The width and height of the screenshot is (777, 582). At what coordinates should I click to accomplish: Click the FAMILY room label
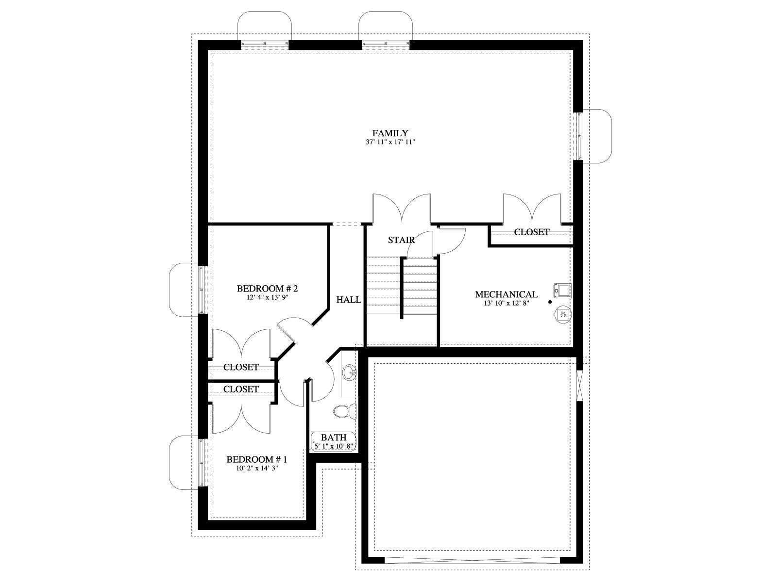point(390,133)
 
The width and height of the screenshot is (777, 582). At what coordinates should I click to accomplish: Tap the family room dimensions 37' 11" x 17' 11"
point(390,142)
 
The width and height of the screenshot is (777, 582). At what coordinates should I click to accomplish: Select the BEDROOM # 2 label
point(267,289)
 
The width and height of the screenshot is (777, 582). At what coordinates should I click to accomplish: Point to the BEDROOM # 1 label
point(256,459)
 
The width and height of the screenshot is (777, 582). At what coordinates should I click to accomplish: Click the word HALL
point(349,300)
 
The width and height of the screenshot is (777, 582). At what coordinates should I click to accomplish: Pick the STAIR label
point(402,240)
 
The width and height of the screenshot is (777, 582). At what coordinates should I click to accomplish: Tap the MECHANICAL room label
point(506,294)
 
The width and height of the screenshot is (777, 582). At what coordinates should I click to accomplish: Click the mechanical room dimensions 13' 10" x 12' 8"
point(506,303)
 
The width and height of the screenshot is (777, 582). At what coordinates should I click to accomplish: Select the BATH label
point(334,437)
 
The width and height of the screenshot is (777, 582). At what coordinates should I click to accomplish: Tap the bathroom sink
point(350,372)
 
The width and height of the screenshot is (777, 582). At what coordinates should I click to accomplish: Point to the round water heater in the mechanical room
point(562,314)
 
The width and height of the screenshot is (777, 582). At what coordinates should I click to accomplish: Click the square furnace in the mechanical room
point(563,291)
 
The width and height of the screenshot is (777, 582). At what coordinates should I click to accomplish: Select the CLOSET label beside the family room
point(532,232)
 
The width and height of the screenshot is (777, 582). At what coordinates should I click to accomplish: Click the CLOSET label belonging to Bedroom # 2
point(241,367)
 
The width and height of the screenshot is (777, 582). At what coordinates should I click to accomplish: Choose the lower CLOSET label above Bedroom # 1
point(241,389)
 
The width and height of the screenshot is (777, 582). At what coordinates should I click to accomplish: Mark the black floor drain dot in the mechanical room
point(550,302)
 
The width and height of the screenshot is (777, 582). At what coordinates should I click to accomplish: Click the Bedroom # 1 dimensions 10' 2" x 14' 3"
point(256,468)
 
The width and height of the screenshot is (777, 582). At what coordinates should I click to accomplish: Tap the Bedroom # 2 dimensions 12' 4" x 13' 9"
point(267,297)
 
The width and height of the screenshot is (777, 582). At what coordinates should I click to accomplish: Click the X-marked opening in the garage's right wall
point(579,386)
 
